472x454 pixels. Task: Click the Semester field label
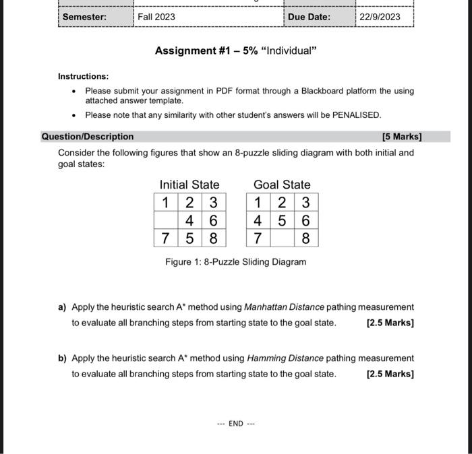tap(84, 16)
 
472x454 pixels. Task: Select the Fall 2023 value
tap(156, 16)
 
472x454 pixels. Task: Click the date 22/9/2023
tap(380, 16)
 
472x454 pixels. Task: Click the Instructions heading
tap(83, 77)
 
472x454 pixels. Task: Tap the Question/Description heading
tap(88, 137)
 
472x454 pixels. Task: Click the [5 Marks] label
tap(401, 137)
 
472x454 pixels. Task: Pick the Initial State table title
tap(189, 185)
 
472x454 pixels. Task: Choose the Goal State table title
tap(282, 185)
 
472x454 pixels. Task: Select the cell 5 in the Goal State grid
tap(282, 220)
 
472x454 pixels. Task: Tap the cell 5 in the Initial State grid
tap(190, 238)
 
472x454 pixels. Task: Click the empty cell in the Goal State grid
tap(282, 238)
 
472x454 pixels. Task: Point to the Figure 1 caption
tap(235, 262)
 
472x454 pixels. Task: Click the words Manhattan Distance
tap(284, 307)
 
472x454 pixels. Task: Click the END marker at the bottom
tap(235, 424)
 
